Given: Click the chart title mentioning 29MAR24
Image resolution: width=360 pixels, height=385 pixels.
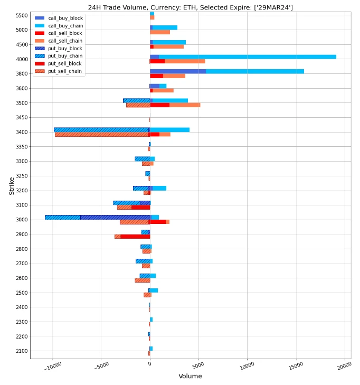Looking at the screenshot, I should [190, 7].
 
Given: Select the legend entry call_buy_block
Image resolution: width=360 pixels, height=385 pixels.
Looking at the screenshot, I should [65, 18].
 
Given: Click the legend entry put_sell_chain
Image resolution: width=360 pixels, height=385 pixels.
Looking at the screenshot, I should [65, 71].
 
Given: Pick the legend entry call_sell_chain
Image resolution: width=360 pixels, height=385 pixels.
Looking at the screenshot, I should [65, 41].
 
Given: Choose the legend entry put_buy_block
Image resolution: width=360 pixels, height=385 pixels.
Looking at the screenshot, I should [65, 49].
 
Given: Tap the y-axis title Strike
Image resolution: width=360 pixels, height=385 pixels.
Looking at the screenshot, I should [11, 185].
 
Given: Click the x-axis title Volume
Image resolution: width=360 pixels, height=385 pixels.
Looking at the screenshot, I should [190, 376].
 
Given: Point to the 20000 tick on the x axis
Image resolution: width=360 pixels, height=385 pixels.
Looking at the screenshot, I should [344, 365].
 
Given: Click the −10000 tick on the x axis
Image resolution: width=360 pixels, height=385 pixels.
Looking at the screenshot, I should [52, 366].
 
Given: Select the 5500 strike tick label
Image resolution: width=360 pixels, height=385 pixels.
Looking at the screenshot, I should [21, 15].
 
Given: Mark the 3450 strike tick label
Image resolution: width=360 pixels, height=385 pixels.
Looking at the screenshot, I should [21, 118].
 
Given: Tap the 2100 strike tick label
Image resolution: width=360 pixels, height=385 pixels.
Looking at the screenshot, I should [21, 351].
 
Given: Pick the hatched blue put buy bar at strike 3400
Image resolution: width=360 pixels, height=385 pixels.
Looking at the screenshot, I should [100, 130].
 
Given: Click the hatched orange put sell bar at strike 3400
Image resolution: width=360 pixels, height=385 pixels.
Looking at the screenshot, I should [101, 135].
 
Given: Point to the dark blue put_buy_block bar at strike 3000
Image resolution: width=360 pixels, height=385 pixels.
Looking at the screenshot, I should [115, 217].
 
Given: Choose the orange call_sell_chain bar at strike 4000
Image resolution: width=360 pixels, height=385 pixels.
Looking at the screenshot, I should [185, 61].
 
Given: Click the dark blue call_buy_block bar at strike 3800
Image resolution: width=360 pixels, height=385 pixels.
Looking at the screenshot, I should [177, 71].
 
